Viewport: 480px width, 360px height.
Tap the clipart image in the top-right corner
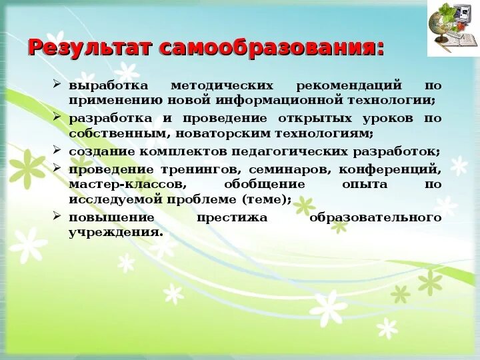[453, 29]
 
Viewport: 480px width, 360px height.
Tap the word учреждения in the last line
[115, 233]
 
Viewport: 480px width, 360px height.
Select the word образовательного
[375, 218]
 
